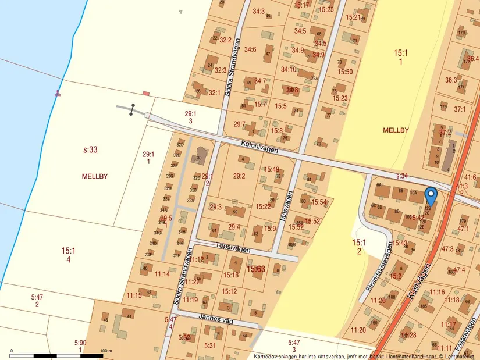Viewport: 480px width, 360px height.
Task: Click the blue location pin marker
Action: (x=431, y=195)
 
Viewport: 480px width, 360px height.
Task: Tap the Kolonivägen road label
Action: (x=259, y=146)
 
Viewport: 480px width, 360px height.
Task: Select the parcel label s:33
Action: (x=90, y=150)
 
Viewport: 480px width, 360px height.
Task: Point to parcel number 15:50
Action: (x=345, y=72)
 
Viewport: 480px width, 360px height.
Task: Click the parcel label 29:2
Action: (x=239, y=175)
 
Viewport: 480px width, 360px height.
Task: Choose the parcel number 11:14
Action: (x=162, y=274)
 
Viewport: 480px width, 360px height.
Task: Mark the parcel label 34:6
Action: (x=250, y=49)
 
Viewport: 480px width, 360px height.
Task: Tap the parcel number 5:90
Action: (x=80, y=343)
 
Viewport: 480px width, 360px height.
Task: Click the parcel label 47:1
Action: (x=463, y=229)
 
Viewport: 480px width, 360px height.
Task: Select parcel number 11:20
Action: (x=358, y=330)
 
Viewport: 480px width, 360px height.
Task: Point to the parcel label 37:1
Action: (x=460, y=109)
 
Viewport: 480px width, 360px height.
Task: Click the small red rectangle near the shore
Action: (x=146, y=93)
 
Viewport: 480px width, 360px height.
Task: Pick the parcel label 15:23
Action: (x=340, y=98)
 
